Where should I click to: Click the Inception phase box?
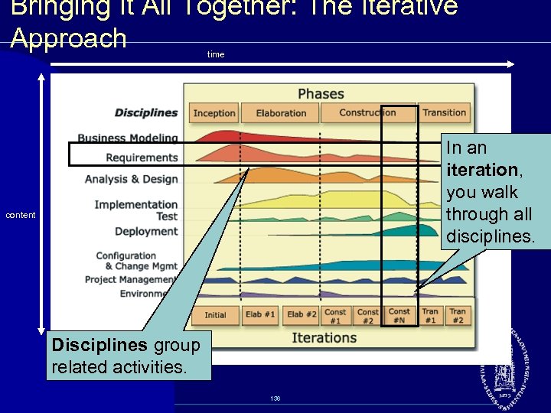214,113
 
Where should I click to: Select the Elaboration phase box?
281,113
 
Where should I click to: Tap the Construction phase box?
367,112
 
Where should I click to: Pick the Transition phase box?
444,112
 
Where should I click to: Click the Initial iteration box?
215,314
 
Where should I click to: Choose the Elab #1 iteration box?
260,314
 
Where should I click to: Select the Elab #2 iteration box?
302,314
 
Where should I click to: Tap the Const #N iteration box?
399,315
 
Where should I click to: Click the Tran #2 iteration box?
458,315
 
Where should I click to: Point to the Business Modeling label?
127,138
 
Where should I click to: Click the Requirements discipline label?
142,158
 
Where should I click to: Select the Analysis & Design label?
131,179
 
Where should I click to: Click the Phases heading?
321,93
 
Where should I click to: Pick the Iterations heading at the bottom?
324,337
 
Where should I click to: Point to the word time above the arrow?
216,54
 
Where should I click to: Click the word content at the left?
21,215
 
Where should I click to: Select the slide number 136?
275,398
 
